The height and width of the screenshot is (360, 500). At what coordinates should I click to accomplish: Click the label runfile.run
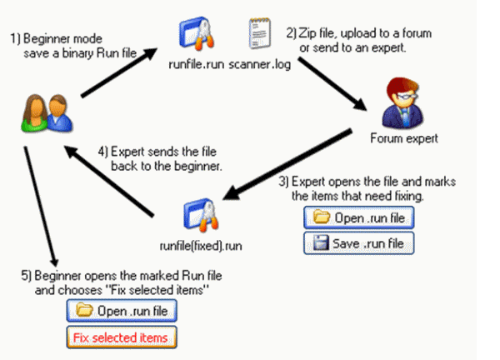pos(196,61)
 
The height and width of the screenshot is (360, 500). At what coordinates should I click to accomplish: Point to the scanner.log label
pos(258,61)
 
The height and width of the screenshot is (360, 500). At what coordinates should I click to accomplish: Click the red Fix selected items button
pos(121,337)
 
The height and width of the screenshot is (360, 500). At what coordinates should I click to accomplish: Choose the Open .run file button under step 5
pos(121,312)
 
